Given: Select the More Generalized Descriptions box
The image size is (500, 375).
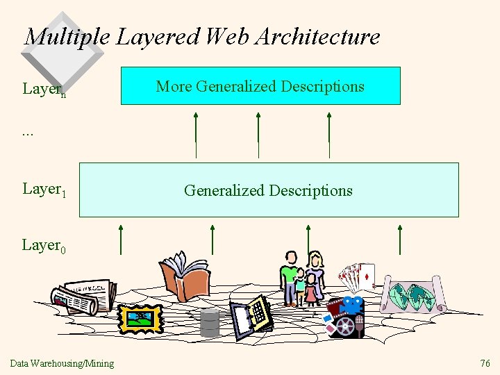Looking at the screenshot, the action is point(260,86).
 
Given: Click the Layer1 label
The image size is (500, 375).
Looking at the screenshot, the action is point(44,190).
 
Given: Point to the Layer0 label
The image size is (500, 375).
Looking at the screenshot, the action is point(44,245).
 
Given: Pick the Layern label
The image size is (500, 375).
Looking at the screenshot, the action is point(44,90).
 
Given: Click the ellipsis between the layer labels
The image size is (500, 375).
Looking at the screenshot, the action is point(28,132).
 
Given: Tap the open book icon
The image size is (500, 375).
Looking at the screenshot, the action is point(184,276).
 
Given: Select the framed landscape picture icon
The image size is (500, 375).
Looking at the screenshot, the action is point(140,318).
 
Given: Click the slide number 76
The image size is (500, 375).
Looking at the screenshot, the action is point(485,363).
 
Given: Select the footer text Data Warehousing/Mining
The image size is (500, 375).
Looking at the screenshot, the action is point(62,363).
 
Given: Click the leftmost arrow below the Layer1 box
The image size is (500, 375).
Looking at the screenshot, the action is point(121,240).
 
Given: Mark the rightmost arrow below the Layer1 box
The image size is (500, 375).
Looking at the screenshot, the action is point(400,240).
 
